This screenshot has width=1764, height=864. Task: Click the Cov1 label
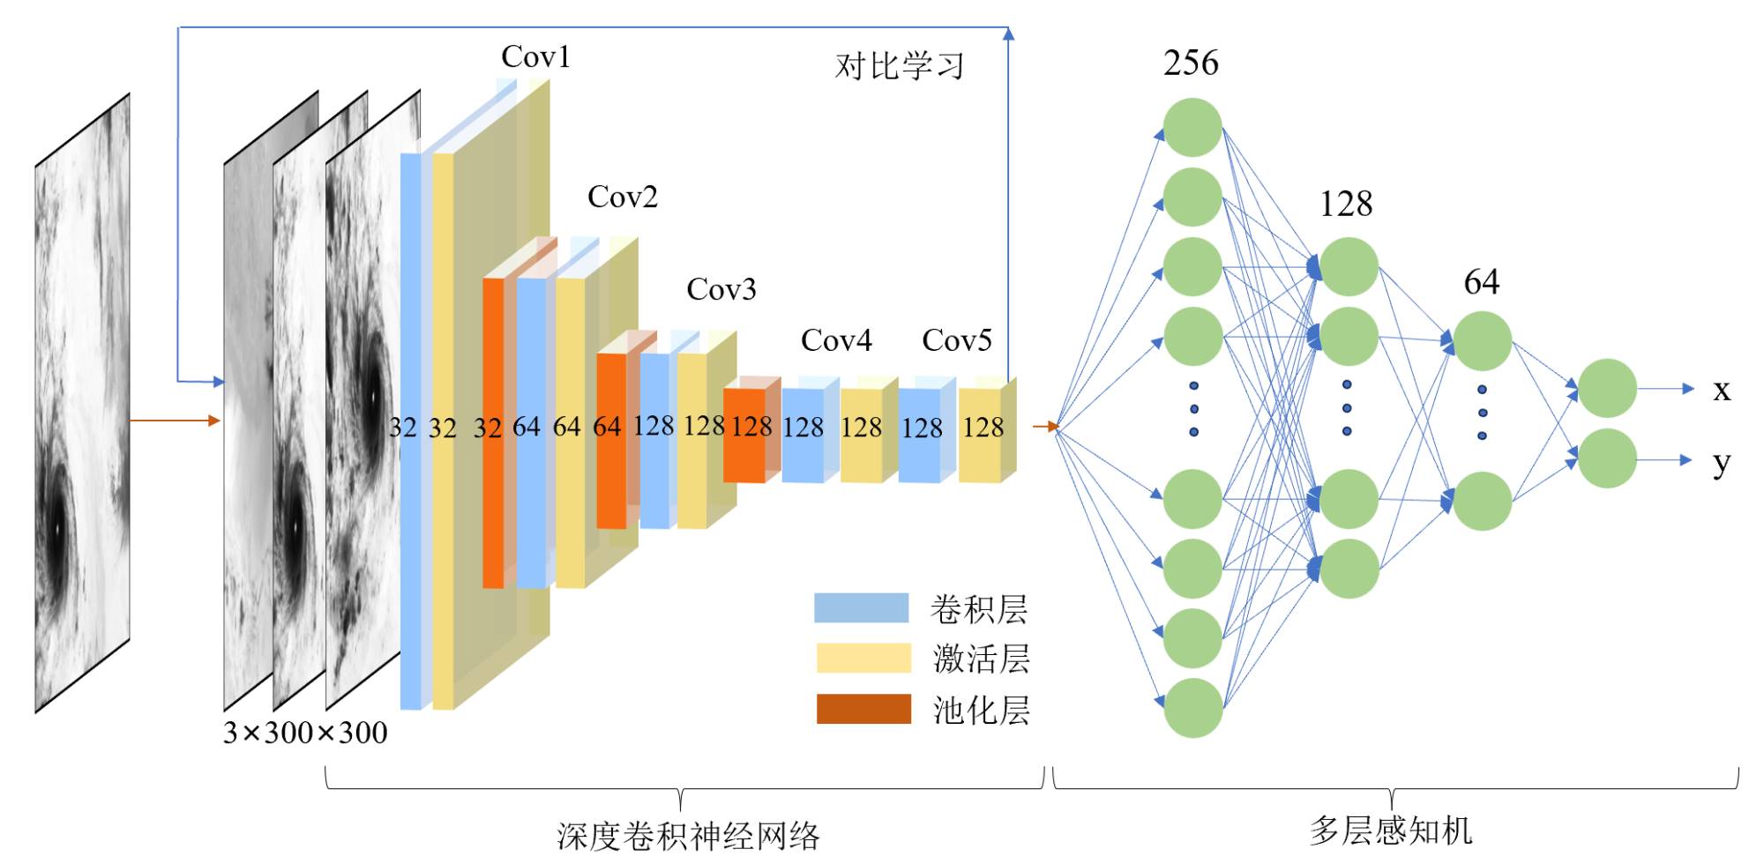pos(535,57)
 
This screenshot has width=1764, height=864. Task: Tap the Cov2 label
pos(623,197)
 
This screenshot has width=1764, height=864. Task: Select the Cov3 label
pos(721,289)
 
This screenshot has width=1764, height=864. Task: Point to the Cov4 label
pos(835,340)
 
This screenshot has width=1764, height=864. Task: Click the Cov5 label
pos(957,340)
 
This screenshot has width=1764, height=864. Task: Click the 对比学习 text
pos(900,66)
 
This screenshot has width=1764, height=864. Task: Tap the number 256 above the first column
pos(1191,63)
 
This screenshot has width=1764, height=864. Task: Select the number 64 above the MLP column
pos(1481,282)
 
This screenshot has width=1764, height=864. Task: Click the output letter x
pos(1721,390)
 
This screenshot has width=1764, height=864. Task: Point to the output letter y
pos(1721,462)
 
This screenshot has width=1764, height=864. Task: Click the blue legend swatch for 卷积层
pos(861,608)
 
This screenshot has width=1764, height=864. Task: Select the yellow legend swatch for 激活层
pos(863,658)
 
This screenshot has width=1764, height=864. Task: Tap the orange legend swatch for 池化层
pos(863,709)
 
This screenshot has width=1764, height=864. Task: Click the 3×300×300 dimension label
pos(305,733)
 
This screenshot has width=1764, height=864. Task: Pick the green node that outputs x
pos(1607,388)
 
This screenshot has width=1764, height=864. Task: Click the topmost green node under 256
pos(1192,128)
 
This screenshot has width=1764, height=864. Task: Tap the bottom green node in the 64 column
pos(1482,501)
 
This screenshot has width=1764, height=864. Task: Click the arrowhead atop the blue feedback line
pos(1008,34)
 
